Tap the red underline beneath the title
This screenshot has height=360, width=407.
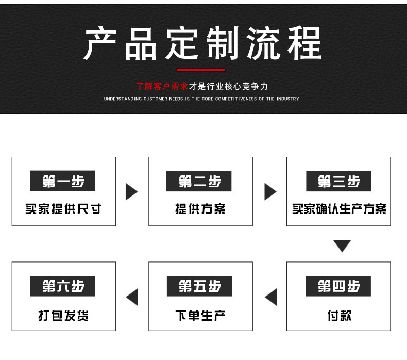pyautogui.click(x=201, y=70)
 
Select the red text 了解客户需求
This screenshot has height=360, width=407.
pyautogui.click(x=162, y=86)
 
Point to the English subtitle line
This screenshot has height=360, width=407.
pyautogui.click(x=201, y=99)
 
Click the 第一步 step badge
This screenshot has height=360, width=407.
pyautogui.click(x=63, y=181)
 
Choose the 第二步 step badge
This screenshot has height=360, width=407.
pyautogui.click(x=200, y=181)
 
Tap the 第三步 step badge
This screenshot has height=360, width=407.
pyautogui.click(x=338, y=181)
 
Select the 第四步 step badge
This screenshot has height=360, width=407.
pyautogui.click(x=338, y=286)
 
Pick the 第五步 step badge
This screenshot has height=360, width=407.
pyautogui.click(x=200, y=286)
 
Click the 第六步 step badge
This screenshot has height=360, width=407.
pyautogui.click(x=63, y=286)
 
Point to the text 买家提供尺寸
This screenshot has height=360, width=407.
pyautogui.click(x=63, y=209)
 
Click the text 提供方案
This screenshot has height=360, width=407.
pyautogui.click(x=200, y=209)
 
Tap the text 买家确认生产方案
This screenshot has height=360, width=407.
pyautogui.click(x=338, y=209)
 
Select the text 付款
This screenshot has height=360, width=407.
pyautogui.click(x=338, y=315)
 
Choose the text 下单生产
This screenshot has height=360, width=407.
pyautogui.click(x=200, y=315)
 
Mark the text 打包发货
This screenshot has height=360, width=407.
pyautogui.click(x=63, y=315)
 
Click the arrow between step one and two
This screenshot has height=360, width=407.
pyautogui.click(x=131, y=191)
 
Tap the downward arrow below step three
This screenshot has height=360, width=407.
pyautogui.click(x=342, y=246)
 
